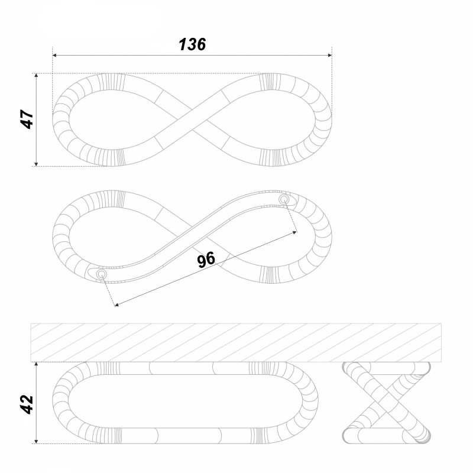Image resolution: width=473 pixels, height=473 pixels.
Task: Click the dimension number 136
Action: click(x=192, y=44)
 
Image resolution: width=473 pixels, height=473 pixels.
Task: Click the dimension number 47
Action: click(x=27, y=119)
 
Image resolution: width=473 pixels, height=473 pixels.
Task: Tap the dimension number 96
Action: click(x=206, y=260)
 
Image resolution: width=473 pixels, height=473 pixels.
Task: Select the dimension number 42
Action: click(x=27, y=404)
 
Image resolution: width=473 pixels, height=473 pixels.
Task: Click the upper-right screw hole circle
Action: click(x=284, y=199)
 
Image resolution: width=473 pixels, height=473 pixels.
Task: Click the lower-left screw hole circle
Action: click(x=102, y=274)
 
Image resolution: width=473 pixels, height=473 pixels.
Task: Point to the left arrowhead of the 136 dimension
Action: click(x=54, y=56)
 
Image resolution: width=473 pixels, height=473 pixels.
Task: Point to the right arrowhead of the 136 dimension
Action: click(x=330, y=56)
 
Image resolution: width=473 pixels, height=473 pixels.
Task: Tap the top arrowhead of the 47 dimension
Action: click(x=36, y=76)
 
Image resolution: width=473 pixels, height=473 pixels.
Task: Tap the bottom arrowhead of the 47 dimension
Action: click(x=36, y=164)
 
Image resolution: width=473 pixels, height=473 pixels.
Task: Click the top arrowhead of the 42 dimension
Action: click(x=36, y=364)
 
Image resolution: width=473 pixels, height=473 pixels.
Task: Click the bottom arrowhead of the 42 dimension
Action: click(x=36, y=441)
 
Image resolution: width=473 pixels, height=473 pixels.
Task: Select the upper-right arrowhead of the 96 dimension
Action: click(x=294, y=232)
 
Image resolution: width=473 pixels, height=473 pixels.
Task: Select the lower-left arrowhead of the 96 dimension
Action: click(x=117, y=304)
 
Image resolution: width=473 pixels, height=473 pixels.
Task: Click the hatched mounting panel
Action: click(x=236, y=343)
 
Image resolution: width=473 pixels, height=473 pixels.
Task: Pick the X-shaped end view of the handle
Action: click(x=387, y=403)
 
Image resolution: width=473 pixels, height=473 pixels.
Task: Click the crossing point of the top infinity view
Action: click(x=192, y=119)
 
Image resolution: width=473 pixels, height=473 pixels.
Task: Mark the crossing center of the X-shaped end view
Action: click(x=387, y=403)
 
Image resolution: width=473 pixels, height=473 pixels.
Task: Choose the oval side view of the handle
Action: click(x=185, y=403)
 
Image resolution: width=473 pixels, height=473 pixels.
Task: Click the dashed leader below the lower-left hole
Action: click(x=109, y=291)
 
